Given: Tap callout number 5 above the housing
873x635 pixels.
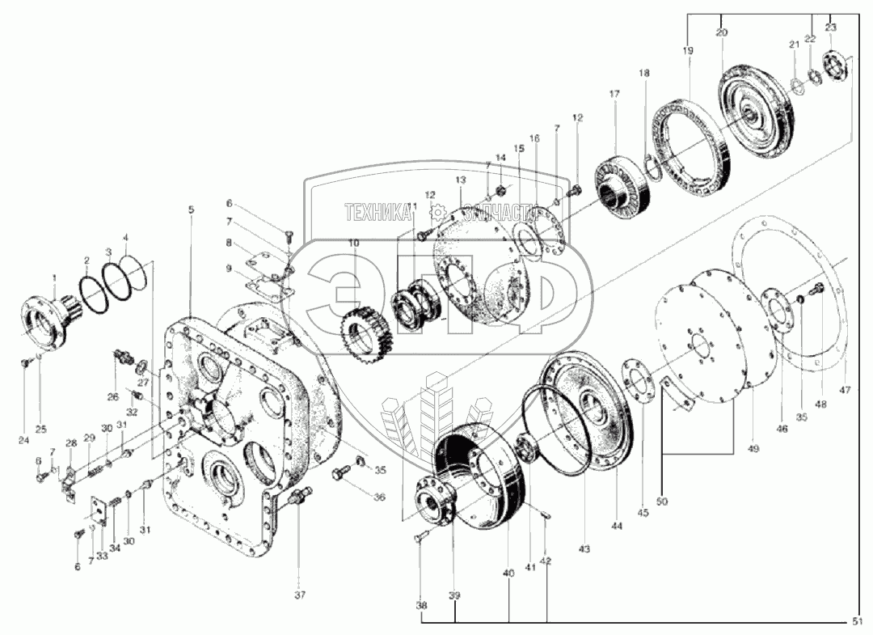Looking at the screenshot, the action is coord(191,210).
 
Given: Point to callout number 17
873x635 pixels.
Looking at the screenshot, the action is coord(614,94).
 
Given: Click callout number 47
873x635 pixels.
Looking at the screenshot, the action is coord(845,390).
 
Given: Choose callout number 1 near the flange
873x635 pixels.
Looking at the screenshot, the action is coord(53,277).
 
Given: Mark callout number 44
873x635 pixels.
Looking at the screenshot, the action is coord(618,526).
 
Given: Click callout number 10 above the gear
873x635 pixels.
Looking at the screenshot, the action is coord(353,243).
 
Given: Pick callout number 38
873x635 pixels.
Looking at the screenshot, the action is coord(420,603).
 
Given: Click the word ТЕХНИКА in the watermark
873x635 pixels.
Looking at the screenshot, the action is coord(377,214).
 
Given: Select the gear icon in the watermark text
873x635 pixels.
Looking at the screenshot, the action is coord(438,214).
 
